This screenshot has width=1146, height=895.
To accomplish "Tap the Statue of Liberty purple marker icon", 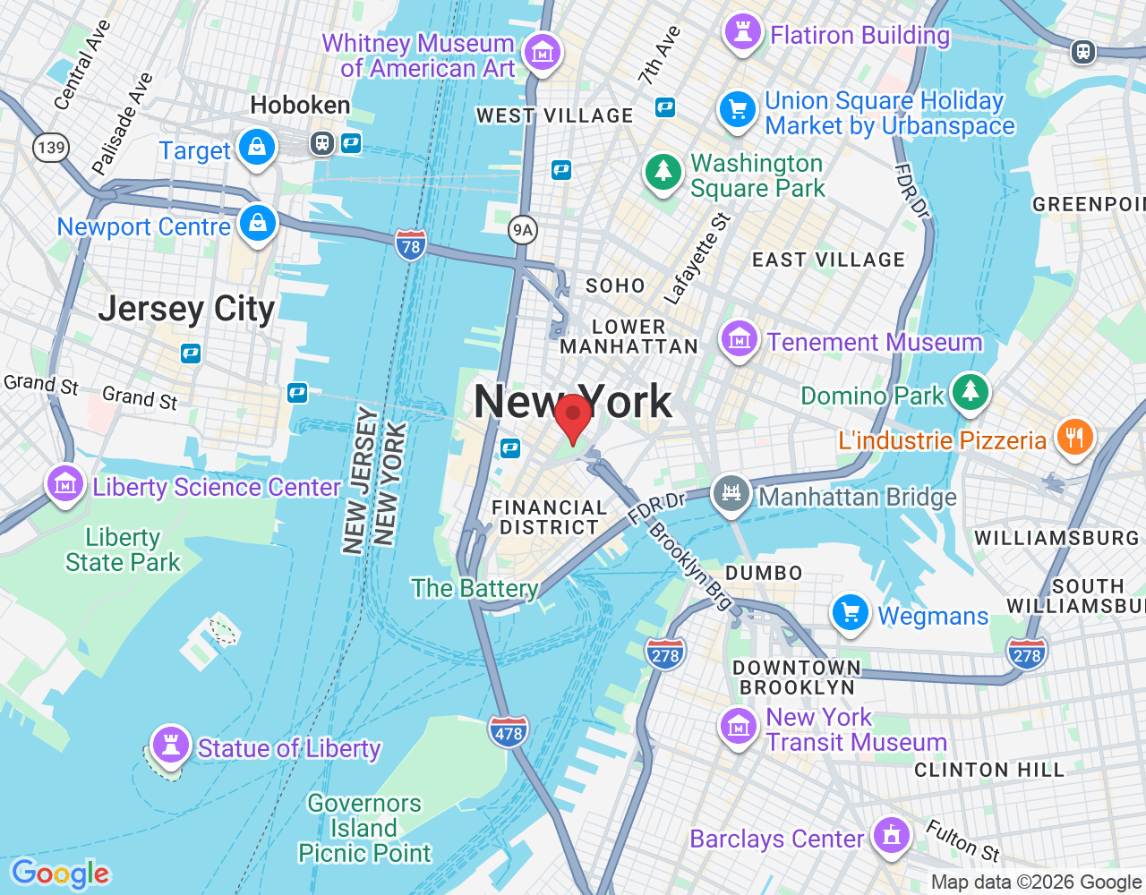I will coord(169,745).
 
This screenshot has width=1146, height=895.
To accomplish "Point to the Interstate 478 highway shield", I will coord(508,733).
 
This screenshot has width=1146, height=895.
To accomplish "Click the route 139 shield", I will coord(51,147).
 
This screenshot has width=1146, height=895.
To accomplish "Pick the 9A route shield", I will coord(522,230).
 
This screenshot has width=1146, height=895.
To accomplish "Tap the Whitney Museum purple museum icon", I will coord(542,53).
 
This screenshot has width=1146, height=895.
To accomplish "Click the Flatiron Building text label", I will coord(859,36).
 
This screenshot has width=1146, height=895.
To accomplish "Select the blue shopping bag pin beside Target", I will coord(257,147).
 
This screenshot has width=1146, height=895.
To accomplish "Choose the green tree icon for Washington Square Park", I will coord(663,170).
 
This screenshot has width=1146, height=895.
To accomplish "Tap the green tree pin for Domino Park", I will coord(970,392).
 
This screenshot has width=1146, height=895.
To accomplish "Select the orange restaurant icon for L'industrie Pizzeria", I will coord(1074,438).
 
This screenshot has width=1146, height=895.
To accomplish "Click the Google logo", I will coord(60,874).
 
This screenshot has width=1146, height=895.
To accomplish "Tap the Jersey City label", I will coord(186,309).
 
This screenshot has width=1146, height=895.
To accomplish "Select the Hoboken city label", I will coord(300,106).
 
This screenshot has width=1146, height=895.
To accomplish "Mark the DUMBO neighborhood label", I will coord(764,573).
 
